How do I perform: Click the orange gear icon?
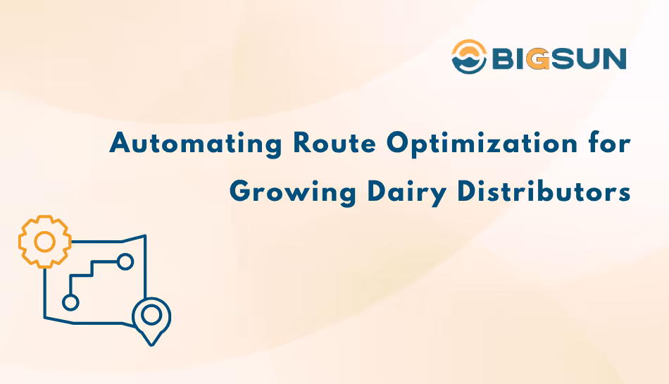(x=44, y=242)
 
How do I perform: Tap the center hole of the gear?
(x=44, y=242)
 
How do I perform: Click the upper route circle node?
(x=125, y=262)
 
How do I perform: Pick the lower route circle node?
(x=70, y=302)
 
